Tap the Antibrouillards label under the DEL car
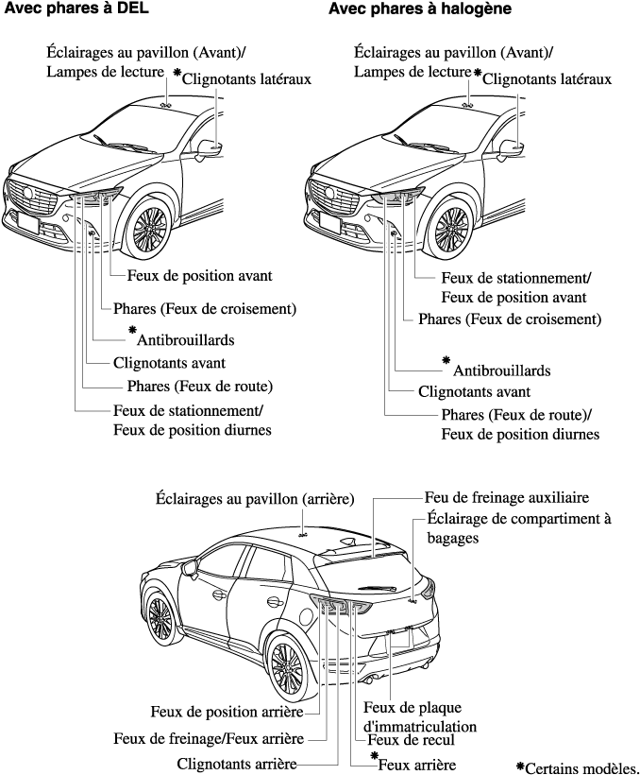point(185,338)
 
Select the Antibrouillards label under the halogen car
point(501,370)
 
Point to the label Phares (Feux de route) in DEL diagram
point(200,386)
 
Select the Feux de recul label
point(411,740)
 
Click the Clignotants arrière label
point(238,763)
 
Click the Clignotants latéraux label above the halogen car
point(546,80)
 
